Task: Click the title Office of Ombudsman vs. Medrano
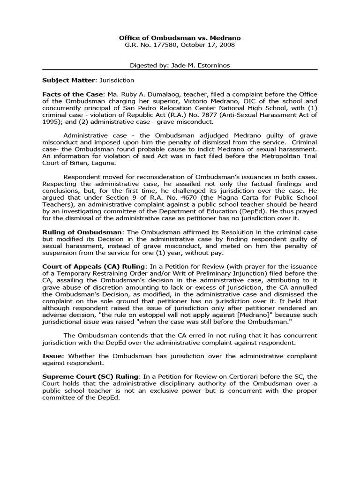(180, 37)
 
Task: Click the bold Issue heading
(52, 356)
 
